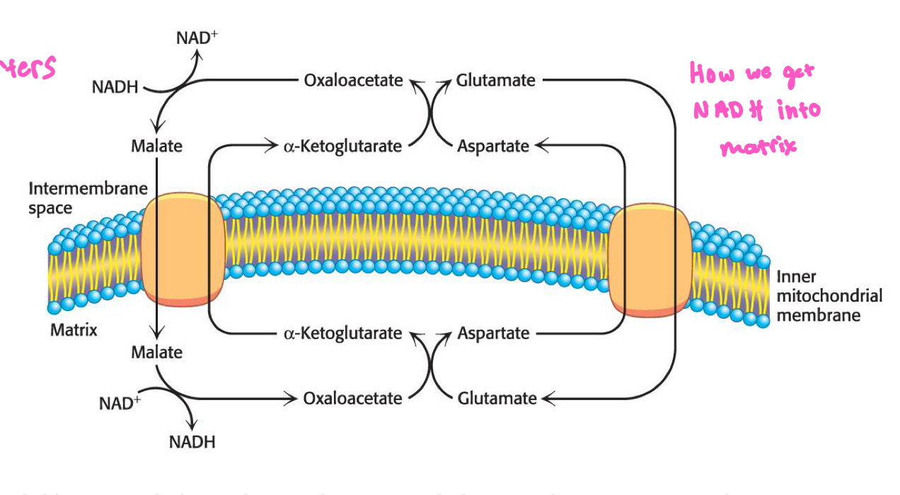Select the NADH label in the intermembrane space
115,87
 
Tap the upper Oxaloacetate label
353,80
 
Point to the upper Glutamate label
495,80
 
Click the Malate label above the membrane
156,146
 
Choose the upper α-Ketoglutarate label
342,146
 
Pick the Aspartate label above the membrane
493,146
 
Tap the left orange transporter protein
183,250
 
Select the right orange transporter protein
650,259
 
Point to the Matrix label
74,330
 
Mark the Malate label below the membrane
156,352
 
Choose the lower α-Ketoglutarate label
342,333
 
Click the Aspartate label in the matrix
493,333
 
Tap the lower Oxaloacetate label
352,398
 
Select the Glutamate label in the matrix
497,398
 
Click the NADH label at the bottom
192,442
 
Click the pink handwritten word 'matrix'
757,147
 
